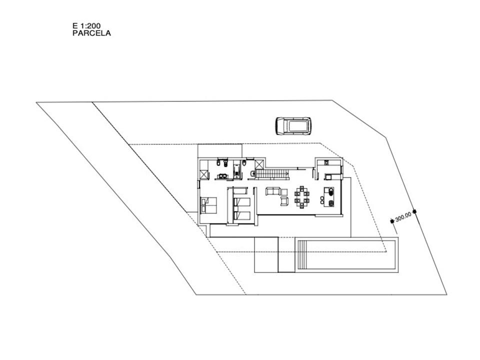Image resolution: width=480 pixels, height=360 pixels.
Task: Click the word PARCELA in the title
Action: tap(91, 33)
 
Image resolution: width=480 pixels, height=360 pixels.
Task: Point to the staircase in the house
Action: tap(273, 174)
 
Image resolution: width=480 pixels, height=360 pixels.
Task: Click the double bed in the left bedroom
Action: tap(208, 205)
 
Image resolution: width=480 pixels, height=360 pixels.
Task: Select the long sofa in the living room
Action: tap(273, 191)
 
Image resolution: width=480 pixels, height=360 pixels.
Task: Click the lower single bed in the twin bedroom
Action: tap(242, 216)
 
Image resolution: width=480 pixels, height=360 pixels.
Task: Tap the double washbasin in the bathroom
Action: tap(221, 175)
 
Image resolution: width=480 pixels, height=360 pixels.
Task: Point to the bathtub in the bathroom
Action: tap(238, 171)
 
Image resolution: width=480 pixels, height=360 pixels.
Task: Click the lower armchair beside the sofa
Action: tap(284, 201)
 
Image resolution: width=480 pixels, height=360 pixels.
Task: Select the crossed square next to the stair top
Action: tap(259, 165)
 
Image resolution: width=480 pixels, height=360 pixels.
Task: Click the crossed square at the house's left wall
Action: tap(204, 174)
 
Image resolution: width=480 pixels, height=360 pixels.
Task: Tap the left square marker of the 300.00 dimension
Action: tap(392, 221)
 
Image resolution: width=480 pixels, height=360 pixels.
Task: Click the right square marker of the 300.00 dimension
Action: tap(414, 211)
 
